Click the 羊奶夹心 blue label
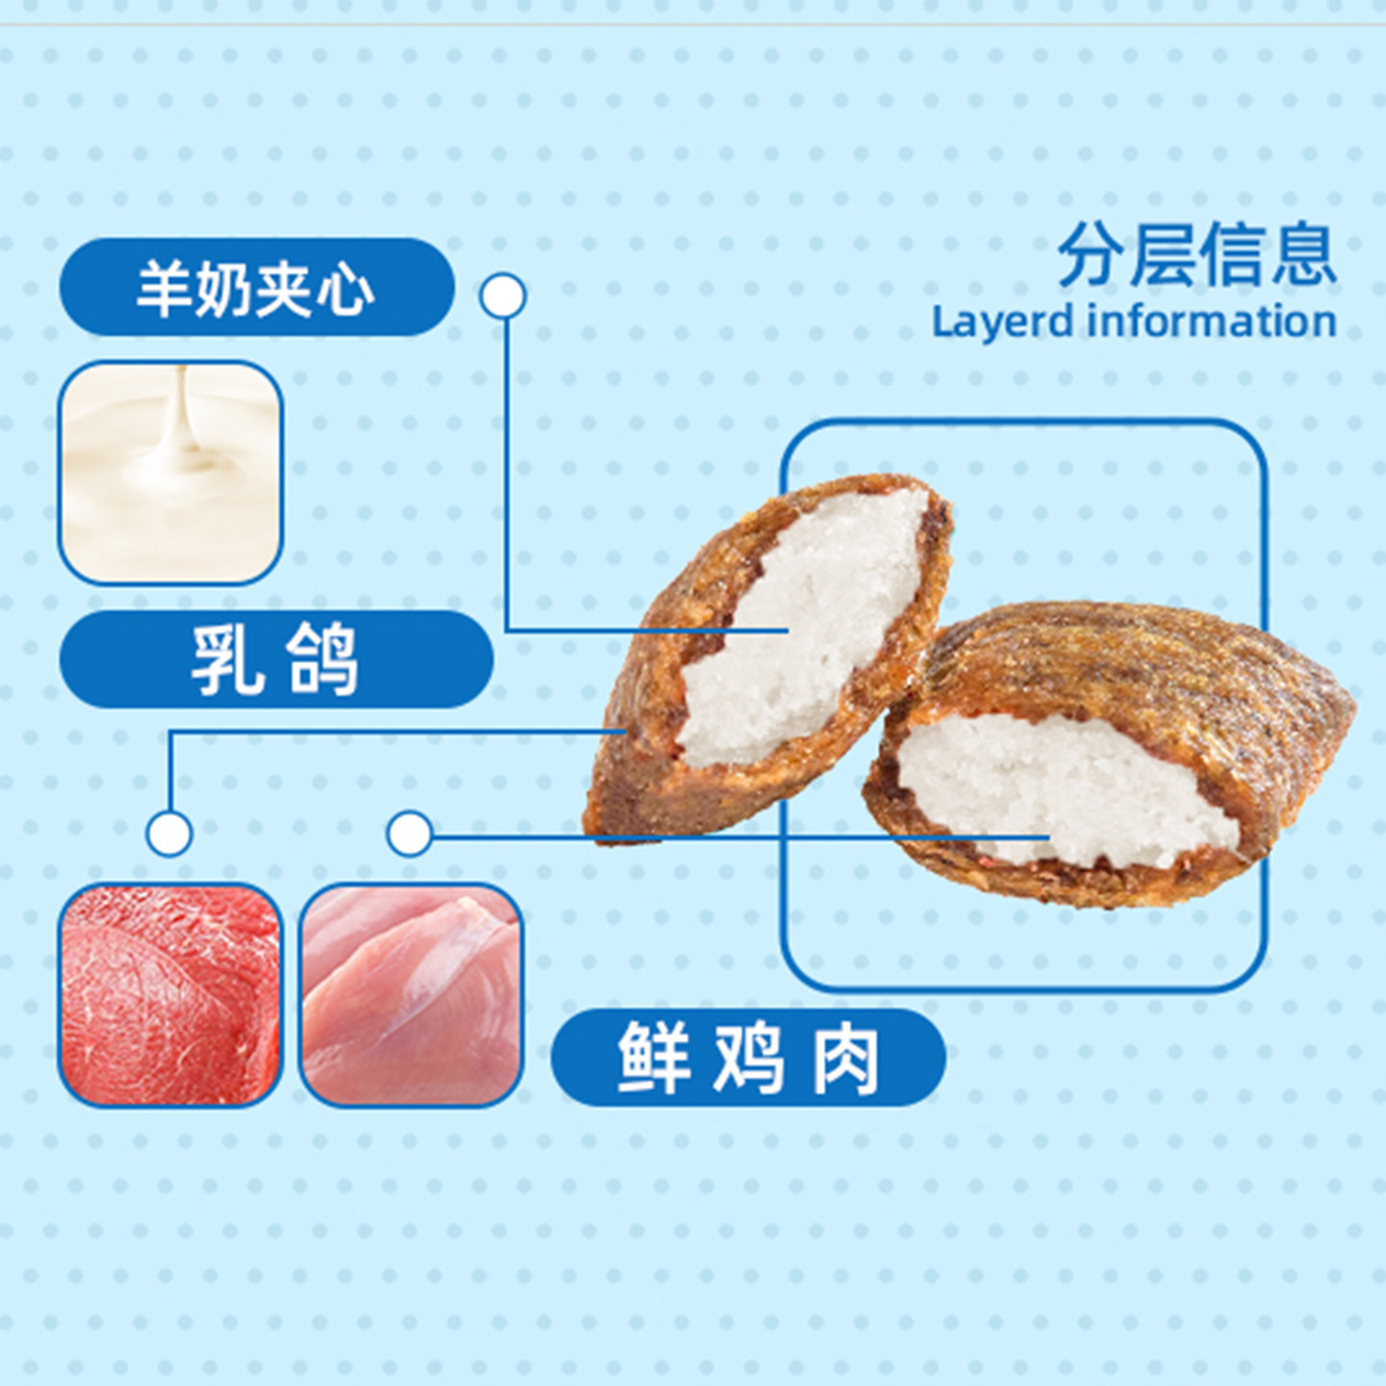coord(256,288)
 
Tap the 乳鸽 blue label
coord(276,659)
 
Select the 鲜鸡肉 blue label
coord(748,1058)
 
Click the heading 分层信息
coord(1196,255)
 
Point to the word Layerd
coord(1002,321)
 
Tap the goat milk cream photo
coord(170,473)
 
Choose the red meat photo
coord(170,994)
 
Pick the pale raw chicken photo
coord(411,994)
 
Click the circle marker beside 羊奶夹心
coord(502,296)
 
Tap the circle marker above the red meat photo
coord(169,834)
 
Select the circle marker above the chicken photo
coord(410,834)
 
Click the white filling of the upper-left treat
coord(799,626)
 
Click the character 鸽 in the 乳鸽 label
coord(322,659)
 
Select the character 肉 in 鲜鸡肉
coord(845,1058)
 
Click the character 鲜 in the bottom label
coord(654,1058)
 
